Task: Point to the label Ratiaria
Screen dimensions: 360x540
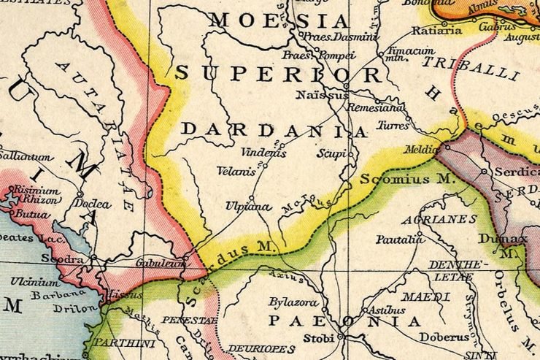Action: tap(436, 31)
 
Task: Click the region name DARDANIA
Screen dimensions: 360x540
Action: tap(274, 130)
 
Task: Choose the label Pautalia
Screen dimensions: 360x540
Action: tap(400, 239)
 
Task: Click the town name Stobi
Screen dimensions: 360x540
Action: tap(318, 338)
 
